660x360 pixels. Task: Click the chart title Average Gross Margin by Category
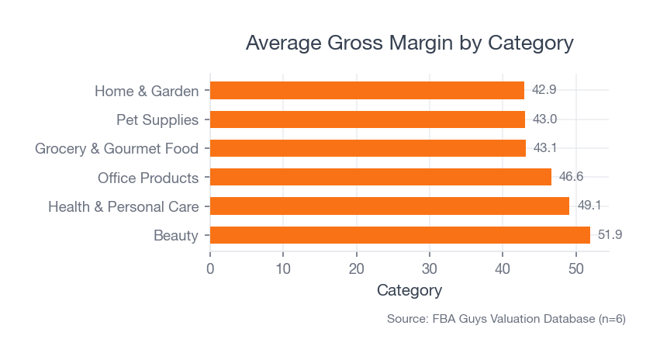(x=409, y=43)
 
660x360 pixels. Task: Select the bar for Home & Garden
(x=367, y=91)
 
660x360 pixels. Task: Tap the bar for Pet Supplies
(x=367, y=119)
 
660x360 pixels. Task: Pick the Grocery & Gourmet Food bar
(x=368, y=148)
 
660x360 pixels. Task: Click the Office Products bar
(x=380, y=178)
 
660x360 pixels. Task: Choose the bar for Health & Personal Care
(x=389, y=206)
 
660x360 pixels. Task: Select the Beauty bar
(x=399, y=235)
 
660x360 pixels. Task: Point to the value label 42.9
(x=544, y=90)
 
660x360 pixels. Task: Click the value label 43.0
(x=544, y=119)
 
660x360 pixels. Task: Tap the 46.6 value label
(x=571, y=177)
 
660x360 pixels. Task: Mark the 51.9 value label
(x=610, y=234)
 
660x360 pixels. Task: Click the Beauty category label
(x=176, y=236)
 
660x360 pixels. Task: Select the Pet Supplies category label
(x=157, y=120)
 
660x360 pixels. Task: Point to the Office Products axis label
(x=148, y=178)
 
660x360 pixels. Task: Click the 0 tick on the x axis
(x=210, y=269)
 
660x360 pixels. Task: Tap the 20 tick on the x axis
(x=357, y=269)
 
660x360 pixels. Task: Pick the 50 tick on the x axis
(x=576, y=269)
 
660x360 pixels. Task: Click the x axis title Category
(x=409, y=291)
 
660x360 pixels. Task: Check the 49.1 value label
(x=589, y=206)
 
